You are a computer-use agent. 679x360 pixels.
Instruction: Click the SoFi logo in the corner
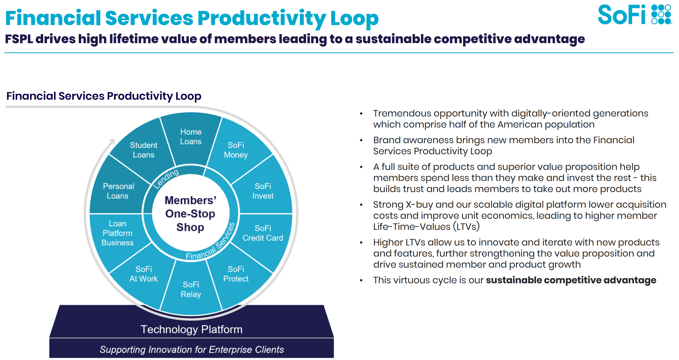tap(634, 15)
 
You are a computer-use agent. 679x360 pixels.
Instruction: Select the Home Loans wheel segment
tap(191, 137)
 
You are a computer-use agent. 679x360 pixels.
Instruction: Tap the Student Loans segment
tap(144, 150)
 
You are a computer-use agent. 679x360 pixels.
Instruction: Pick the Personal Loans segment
tap(118, 191)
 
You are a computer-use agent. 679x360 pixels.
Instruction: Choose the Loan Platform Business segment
tap(117, 233)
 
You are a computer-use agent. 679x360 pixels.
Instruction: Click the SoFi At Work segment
tap(144, 274)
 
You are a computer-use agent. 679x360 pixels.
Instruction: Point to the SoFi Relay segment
tap(191, 289)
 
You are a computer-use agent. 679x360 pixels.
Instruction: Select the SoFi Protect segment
tap(236, 274)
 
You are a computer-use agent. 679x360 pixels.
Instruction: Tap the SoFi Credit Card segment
tap(263, 233)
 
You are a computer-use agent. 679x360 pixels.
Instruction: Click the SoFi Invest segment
tap(263, 191)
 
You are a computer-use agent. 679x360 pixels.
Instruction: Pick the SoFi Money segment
tap(236, 150)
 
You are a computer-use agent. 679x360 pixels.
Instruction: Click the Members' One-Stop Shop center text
tap(190, 214)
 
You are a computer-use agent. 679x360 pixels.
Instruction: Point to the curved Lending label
tap(166, 178)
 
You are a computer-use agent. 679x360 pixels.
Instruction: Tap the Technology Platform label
tap(192, 329)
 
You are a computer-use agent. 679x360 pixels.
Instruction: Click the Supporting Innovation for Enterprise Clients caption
tap(192, 349)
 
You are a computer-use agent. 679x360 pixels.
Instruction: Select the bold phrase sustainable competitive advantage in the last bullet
tap(571, 280)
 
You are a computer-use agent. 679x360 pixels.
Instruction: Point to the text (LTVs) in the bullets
tap(466, 227)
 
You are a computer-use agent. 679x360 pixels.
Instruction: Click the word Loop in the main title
tap(354, 18)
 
